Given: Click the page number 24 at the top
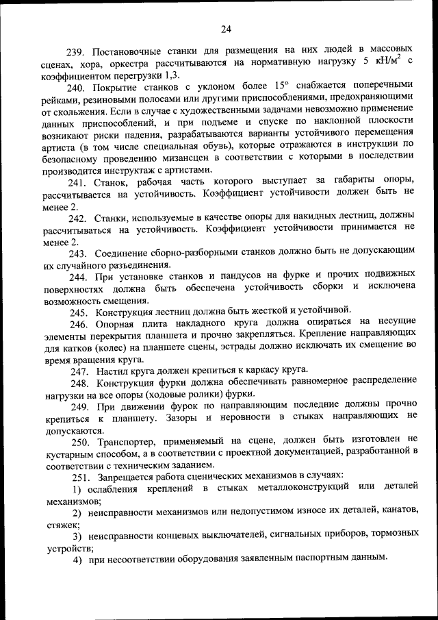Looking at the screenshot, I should [x=227, y=29].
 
